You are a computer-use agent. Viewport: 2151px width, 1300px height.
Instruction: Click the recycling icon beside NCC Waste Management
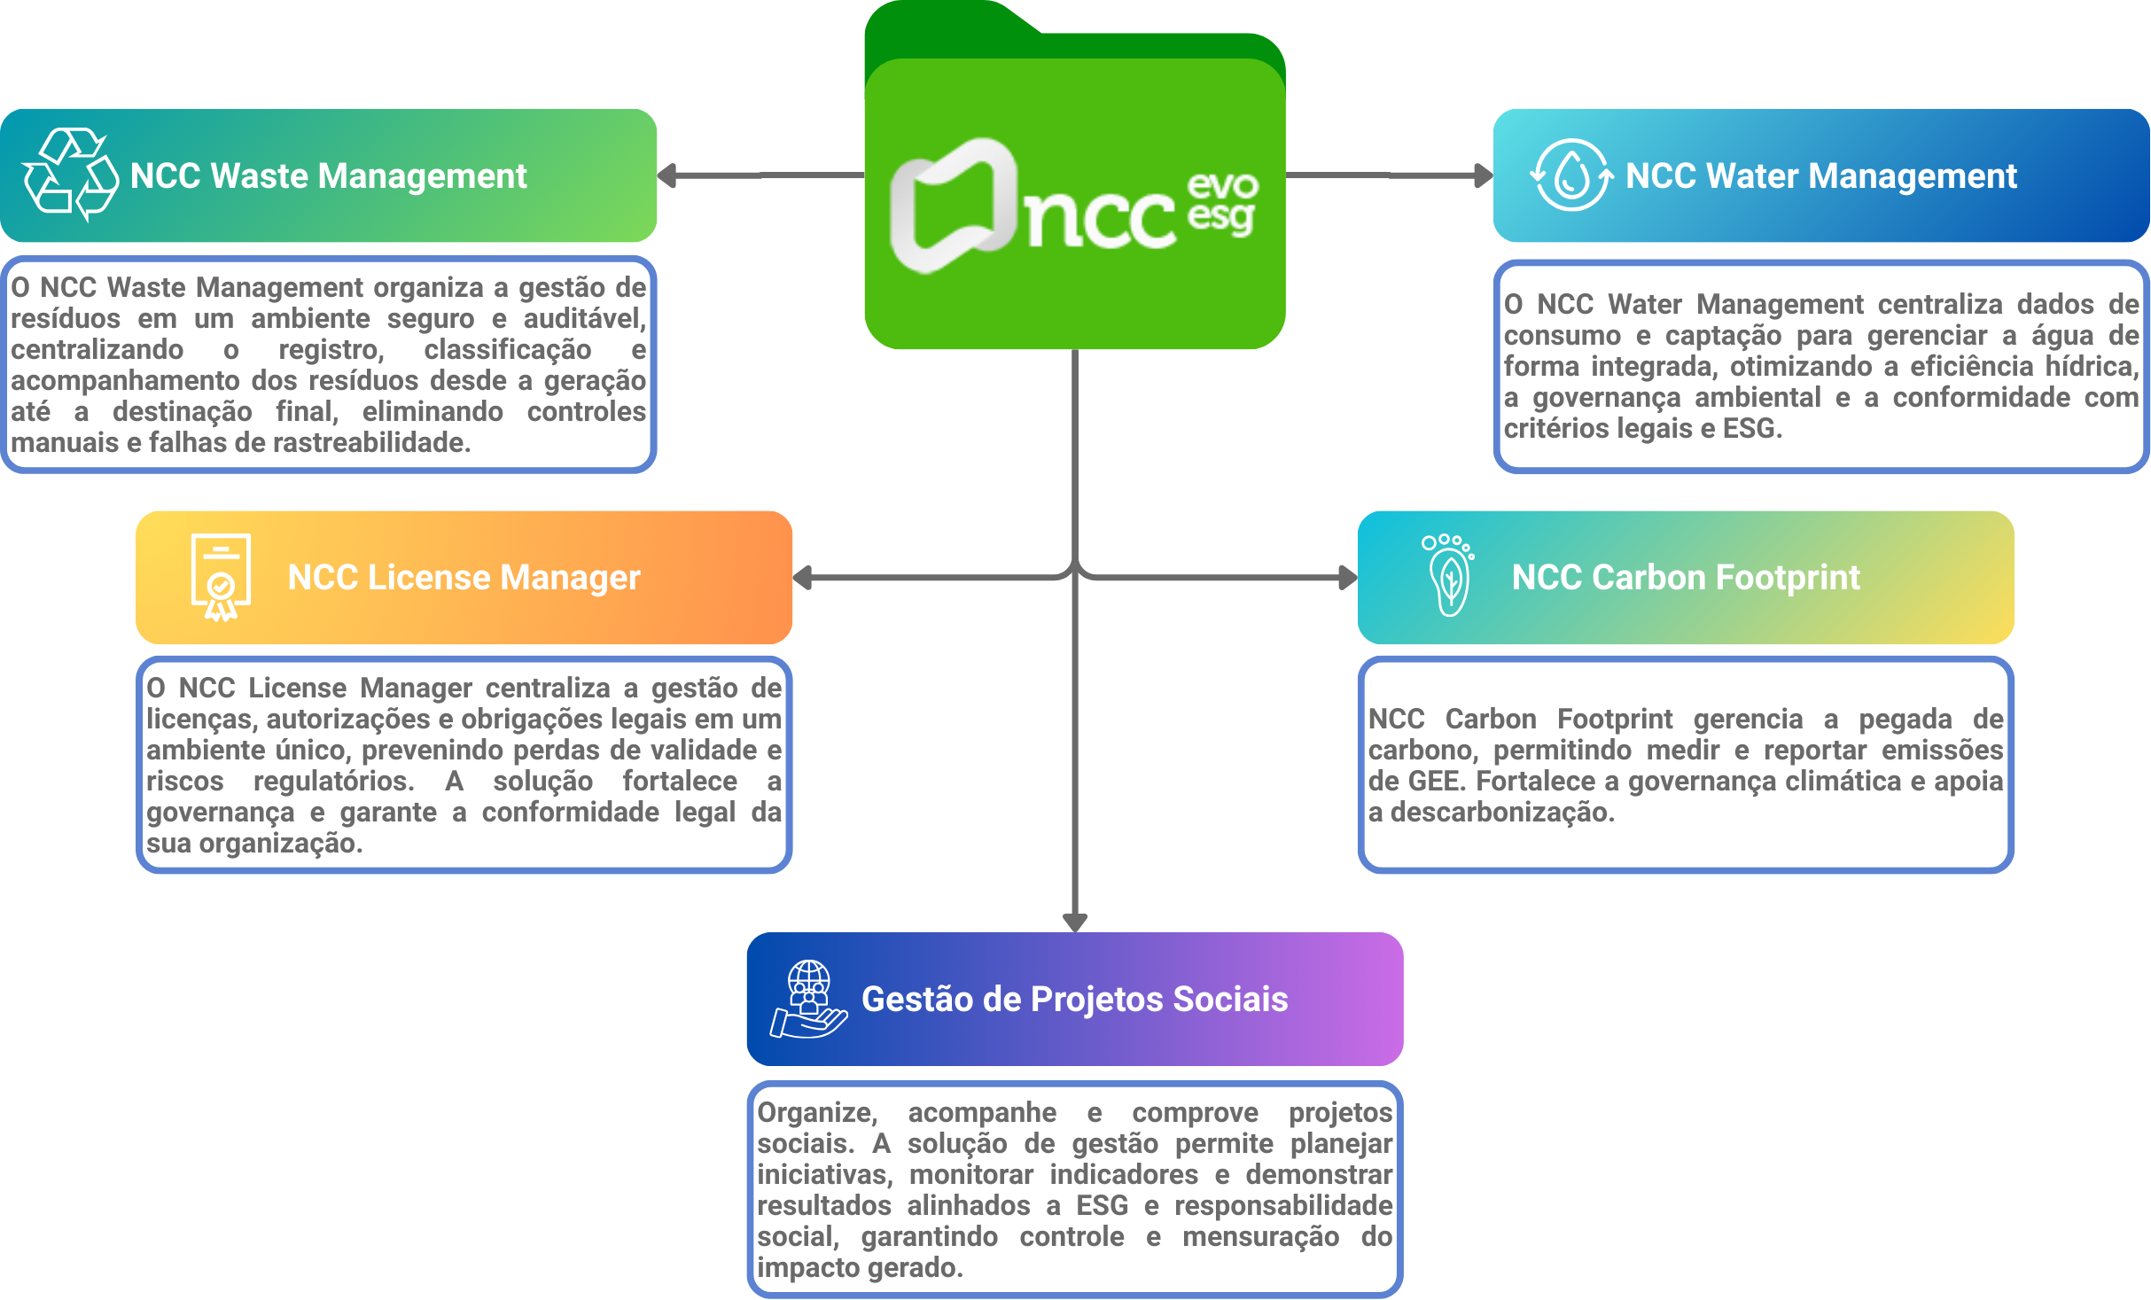click(70, 175)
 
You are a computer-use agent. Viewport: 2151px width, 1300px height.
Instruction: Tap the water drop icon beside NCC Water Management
click(1571, 175)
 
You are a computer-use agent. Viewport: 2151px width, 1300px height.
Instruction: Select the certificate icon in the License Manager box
click(221, 577)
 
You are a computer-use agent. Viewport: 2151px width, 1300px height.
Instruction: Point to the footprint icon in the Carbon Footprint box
click(1448, 576)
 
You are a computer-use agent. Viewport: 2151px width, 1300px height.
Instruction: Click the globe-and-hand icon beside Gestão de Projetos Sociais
click(808, 1000)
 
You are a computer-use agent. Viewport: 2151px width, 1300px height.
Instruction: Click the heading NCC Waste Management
click(328, 175)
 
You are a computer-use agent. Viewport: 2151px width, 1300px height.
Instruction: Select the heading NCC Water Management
click(1821, 175)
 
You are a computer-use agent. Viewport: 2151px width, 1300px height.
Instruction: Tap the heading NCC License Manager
click(464, 577)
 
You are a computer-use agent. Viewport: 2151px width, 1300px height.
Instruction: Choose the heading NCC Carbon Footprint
click(1686, 577)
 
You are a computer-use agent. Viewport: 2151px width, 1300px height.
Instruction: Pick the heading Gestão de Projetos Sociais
click(1074, 999)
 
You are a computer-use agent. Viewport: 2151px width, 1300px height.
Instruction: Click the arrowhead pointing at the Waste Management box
click(666, 175)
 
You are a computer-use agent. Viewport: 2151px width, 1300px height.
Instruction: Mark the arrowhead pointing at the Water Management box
click(1483, 175)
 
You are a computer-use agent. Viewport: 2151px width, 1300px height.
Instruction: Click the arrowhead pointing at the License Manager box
click(802, 578)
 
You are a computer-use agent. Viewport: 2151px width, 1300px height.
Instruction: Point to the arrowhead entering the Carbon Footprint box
click(1347, 578)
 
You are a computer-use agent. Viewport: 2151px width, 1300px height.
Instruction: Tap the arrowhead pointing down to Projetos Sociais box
click(1075, 922)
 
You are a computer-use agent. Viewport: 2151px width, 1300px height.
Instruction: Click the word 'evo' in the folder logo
click(1222, 185)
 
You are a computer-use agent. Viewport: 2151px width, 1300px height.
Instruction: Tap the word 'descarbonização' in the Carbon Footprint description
click(1501, 812)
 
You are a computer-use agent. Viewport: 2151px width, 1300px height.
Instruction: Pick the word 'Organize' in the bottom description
click(816, 1112)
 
